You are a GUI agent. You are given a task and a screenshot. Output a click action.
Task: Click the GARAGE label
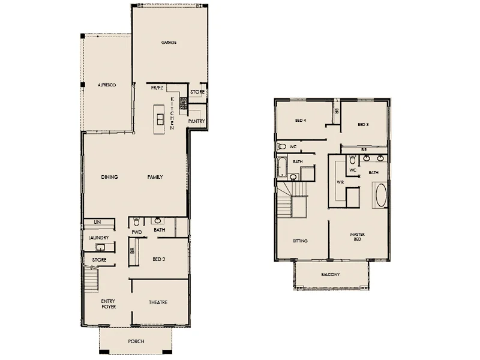click(168, 43)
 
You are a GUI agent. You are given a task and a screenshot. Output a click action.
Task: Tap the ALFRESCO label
click(106, 86)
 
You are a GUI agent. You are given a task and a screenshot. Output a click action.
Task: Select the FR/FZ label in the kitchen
click(157, 88)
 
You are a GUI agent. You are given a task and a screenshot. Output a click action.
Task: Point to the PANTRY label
click(197, 121)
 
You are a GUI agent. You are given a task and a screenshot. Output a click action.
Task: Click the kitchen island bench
click(159, 120)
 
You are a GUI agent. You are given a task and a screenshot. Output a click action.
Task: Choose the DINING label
click(109, 177)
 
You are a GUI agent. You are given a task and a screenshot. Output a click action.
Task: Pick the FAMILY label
click(155, 177)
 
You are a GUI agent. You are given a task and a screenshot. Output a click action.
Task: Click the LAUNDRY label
click(98, 238)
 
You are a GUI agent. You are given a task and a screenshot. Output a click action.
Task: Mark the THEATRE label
click(158, 302)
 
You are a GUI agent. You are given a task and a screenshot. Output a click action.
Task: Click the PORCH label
click(136, 341)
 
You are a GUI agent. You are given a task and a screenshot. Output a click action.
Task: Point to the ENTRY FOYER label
click(108, 304)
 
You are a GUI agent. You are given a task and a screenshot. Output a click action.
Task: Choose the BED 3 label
click(362, 125)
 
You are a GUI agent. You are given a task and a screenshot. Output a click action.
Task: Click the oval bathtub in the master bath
click(381, 196)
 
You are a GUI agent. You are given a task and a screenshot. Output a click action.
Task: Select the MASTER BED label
click(358, 236)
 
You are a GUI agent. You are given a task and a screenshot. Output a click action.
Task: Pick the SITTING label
click(300, 241)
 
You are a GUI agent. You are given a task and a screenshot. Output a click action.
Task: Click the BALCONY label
click(330, 275)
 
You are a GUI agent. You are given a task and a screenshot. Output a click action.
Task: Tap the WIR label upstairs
click(340, 181)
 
